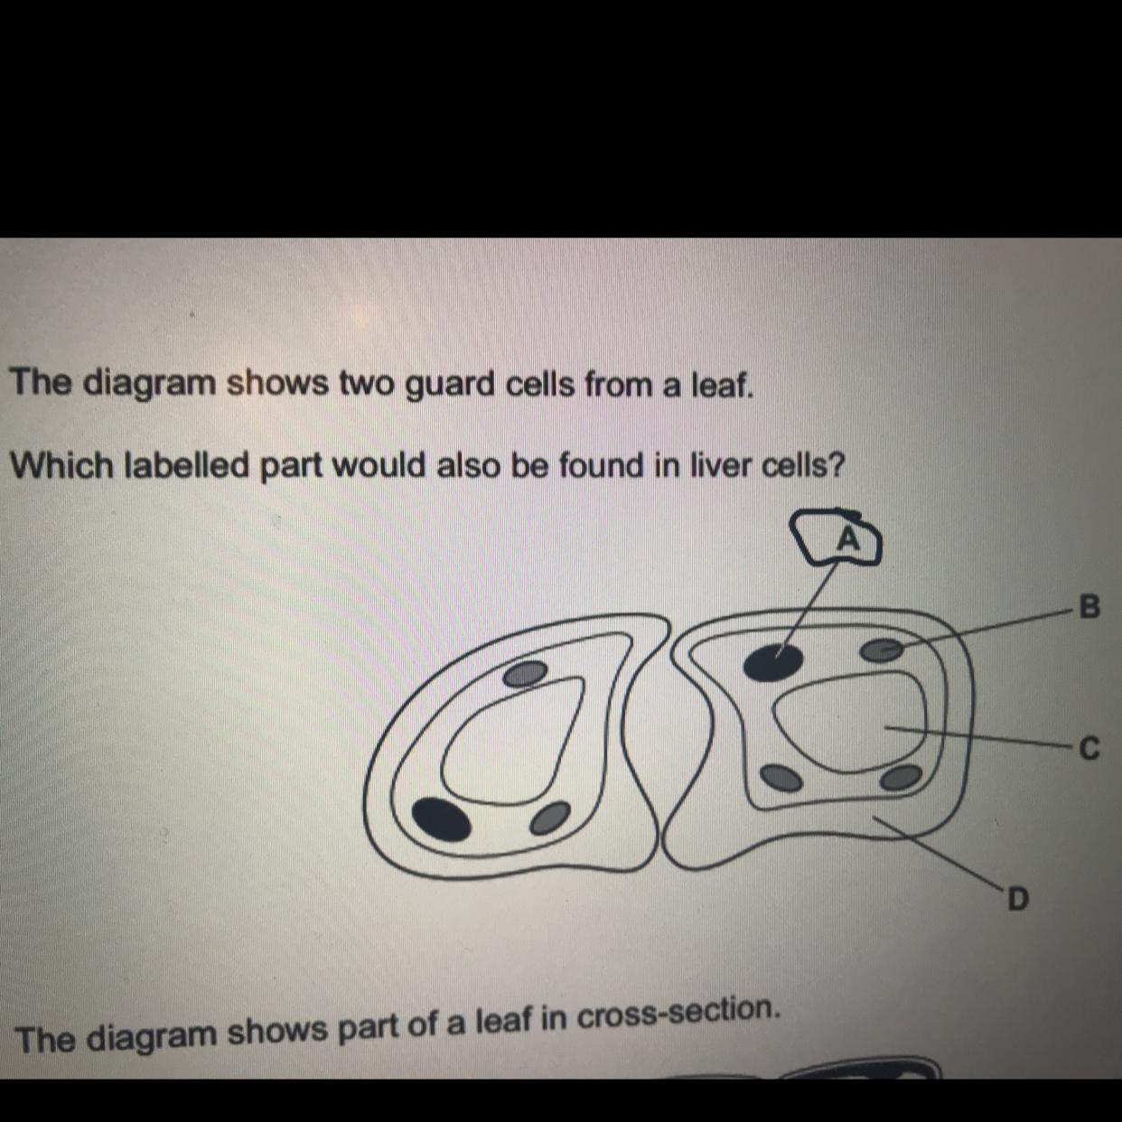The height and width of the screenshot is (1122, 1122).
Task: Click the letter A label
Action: click(x=849, y=540)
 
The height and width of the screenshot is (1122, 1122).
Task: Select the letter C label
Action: click(x=1089, y=749)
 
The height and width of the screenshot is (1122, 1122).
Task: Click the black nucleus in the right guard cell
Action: click(x=773, y=662)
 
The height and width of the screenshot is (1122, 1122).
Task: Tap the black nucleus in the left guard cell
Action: click(x=441, y=819)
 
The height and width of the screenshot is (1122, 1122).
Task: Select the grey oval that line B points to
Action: click(x=883, y=650)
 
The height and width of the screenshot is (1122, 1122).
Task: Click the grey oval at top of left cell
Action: click(x=525, y=674)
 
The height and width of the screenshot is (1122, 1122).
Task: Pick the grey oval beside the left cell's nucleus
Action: click(x=549, y=818)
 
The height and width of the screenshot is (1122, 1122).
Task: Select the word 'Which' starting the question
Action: click(x=64, y=465)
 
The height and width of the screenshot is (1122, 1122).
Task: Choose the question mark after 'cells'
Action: click(x=835, y=466)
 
